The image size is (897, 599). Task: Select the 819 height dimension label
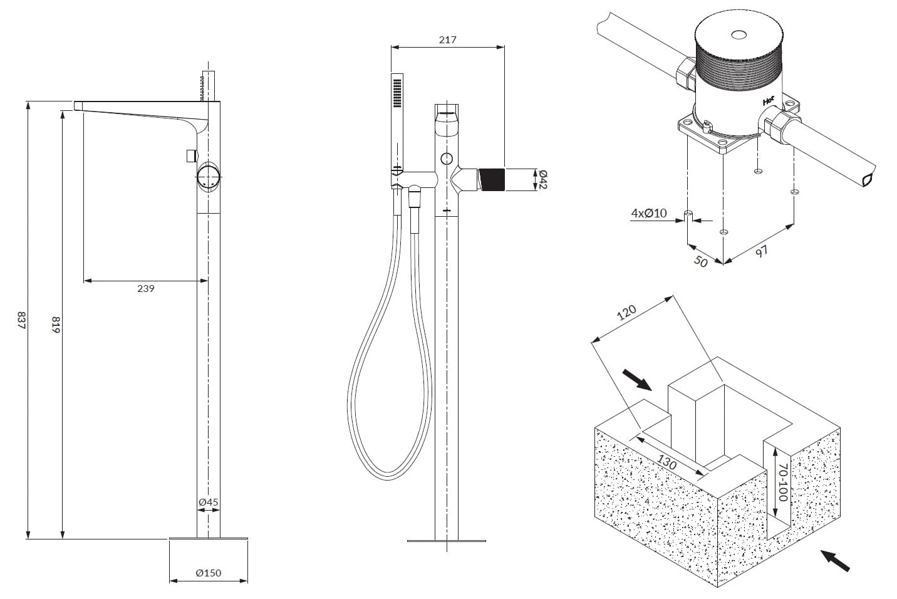point(55,325)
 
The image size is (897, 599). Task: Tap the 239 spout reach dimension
point(145,288)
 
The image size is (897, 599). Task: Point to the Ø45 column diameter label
point(208,502)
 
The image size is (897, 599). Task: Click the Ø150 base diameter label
point(208,573)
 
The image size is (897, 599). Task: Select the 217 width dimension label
point(447,39)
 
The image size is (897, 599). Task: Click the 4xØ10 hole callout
point(648,214)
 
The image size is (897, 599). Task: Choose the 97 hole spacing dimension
point(761,251)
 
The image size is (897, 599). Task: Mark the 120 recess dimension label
point(626,312)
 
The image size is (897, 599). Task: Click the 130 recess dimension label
point(667,462)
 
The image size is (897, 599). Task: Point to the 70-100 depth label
point(781,482)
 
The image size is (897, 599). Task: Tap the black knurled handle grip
point(491,179)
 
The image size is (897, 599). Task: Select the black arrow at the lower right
point(836,560)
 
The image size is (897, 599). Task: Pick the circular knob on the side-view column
point(209,177)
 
